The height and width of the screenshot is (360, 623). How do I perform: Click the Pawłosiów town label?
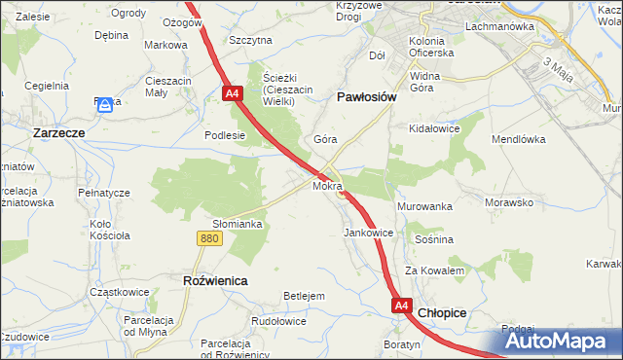coord(364,97)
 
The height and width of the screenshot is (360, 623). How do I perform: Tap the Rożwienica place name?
coord(215,280)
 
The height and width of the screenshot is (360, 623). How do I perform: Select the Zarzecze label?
coord(60,132)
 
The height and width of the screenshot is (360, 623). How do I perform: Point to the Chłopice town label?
coord(442,312)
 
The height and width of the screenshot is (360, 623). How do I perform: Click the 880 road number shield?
coord(207,237)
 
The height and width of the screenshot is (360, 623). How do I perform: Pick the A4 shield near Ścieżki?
coord(232,94)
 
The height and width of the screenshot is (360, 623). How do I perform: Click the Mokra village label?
coord(326,185)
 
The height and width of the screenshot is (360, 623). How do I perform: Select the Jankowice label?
coord(368,234)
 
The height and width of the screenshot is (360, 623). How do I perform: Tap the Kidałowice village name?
coord(434,128)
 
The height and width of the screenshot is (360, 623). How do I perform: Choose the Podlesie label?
coord(224,136)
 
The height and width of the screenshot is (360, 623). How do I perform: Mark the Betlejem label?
coord(303,296)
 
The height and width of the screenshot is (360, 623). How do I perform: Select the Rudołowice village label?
coord(279,320)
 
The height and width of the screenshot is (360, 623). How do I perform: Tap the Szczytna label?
coord(250,40)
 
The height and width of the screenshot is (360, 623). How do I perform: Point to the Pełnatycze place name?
coord(104,193)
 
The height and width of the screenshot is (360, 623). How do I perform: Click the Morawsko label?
coord(509,203)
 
